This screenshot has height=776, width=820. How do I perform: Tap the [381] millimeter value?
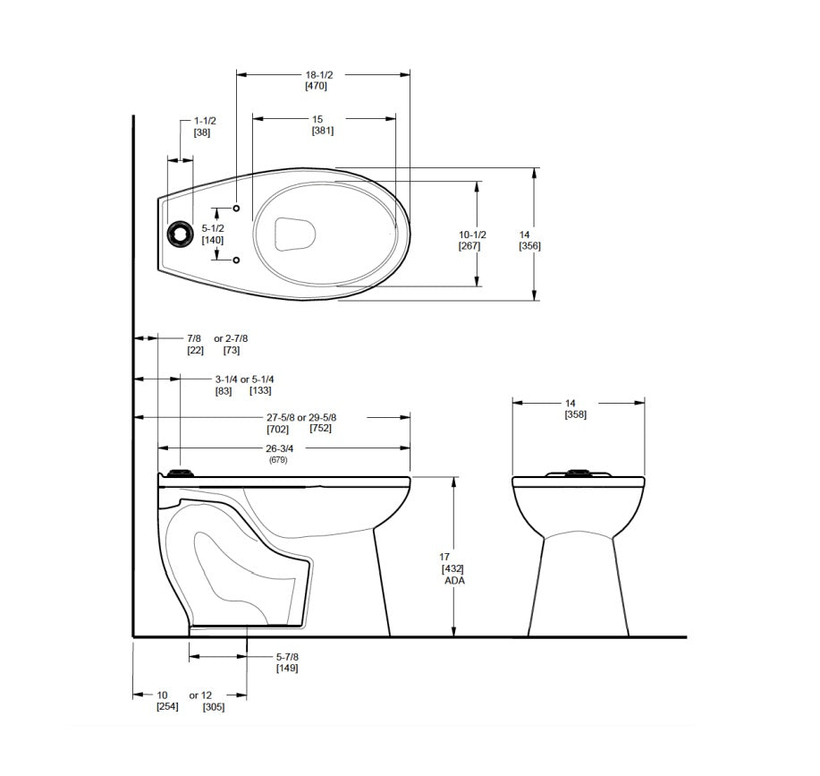[x=322, y=131]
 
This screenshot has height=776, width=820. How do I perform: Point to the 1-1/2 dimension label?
[x=205, y=121]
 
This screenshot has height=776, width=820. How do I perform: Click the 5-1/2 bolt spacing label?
[x=212, y=228]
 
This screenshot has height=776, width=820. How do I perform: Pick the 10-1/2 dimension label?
[x=471, y=234]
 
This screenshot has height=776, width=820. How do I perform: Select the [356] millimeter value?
[x=530, y=245]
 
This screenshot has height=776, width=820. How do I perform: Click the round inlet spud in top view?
[x=180, y=233]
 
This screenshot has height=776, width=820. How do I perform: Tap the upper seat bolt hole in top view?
[x=236, y=208]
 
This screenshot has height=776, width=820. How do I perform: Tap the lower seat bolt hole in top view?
[x=236, y=260]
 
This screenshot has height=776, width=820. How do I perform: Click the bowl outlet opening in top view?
[x=295, y=234]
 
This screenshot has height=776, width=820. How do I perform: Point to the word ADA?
[x=454, y=580]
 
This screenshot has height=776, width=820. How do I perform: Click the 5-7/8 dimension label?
[x=287, y=657]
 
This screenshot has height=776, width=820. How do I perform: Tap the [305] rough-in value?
[x=213, y=707]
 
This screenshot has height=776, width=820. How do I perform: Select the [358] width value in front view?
[x=576, y=414]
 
